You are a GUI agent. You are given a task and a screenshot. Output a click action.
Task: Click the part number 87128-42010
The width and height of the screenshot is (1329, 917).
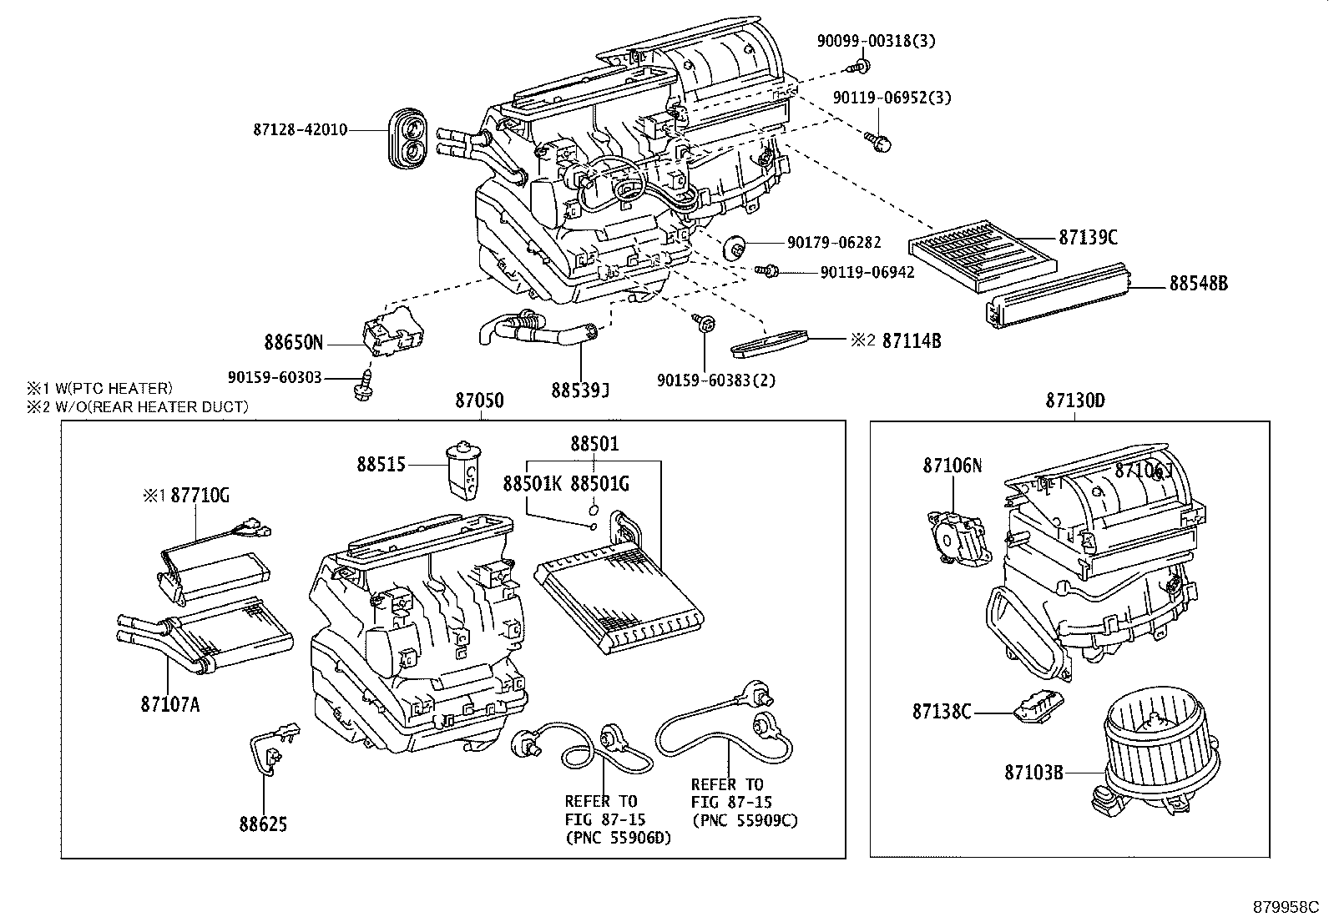coord(300,130)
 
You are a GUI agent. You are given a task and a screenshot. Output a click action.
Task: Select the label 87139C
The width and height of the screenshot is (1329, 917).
coord(1088,238)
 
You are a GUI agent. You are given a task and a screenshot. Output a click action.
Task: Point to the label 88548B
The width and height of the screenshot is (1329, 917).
coord(1198,284)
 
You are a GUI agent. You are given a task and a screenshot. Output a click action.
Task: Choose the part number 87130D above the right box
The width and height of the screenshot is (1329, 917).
coord(1075,401)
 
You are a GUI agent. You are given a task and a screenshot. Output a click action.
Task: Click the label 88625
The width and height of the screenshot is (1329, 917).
coord(263,825)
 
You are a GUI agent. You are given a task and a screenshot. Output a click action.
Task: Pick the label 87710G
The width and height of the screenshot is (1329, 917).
coord(200,496)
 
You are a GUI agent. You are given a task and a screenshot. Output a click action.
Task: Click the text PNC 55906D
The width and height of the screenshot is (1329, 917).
coord(618,838)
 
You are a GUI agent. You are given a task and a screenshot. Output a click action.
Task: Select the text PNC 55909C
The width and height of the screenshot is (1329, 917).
coord(745,820)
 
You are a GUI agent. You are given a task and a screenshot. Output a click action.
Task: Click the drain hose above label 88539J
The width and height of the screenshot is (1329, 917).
coord(534,331)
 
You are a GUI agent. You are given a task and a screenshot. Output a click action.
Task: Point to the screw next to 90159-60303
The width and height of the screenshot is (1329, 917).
coord(363,385)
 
